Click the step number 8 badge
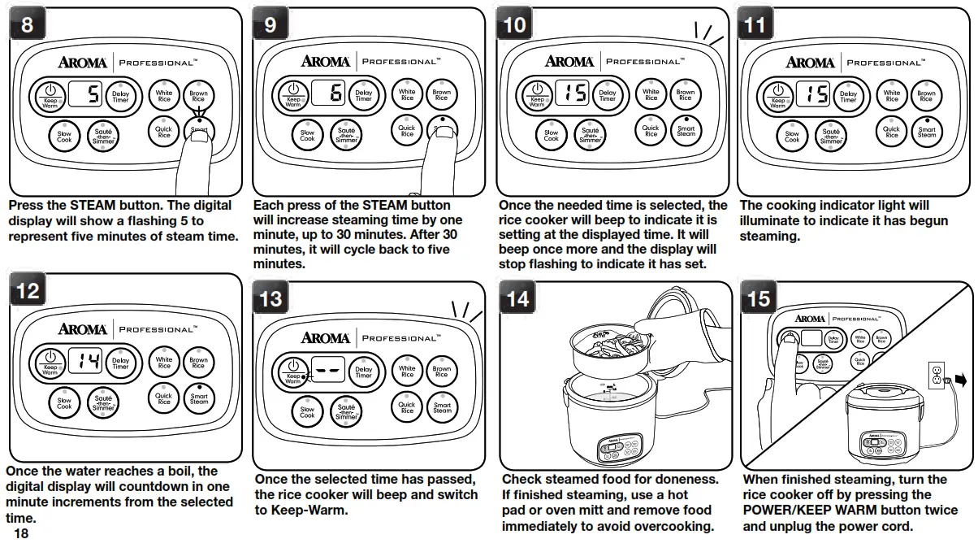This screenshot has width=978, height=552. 27,25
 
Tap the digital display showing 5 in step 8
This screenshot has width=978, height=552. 88,96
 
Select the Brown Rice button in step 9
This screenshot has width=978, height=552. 441,94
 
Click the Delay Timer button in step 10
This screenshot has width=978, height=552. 608,94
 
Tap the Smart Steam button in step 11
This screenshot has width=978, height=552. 927,132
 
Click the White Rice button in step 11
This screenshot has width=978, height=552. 892,96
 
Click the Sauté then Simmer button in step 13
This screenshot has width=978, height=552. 346,411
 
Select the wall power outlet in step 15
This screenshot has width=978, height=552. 937,375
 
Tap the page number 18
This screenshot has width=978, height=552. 21,534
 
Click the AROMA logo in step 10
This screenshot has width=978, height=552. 569,62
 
